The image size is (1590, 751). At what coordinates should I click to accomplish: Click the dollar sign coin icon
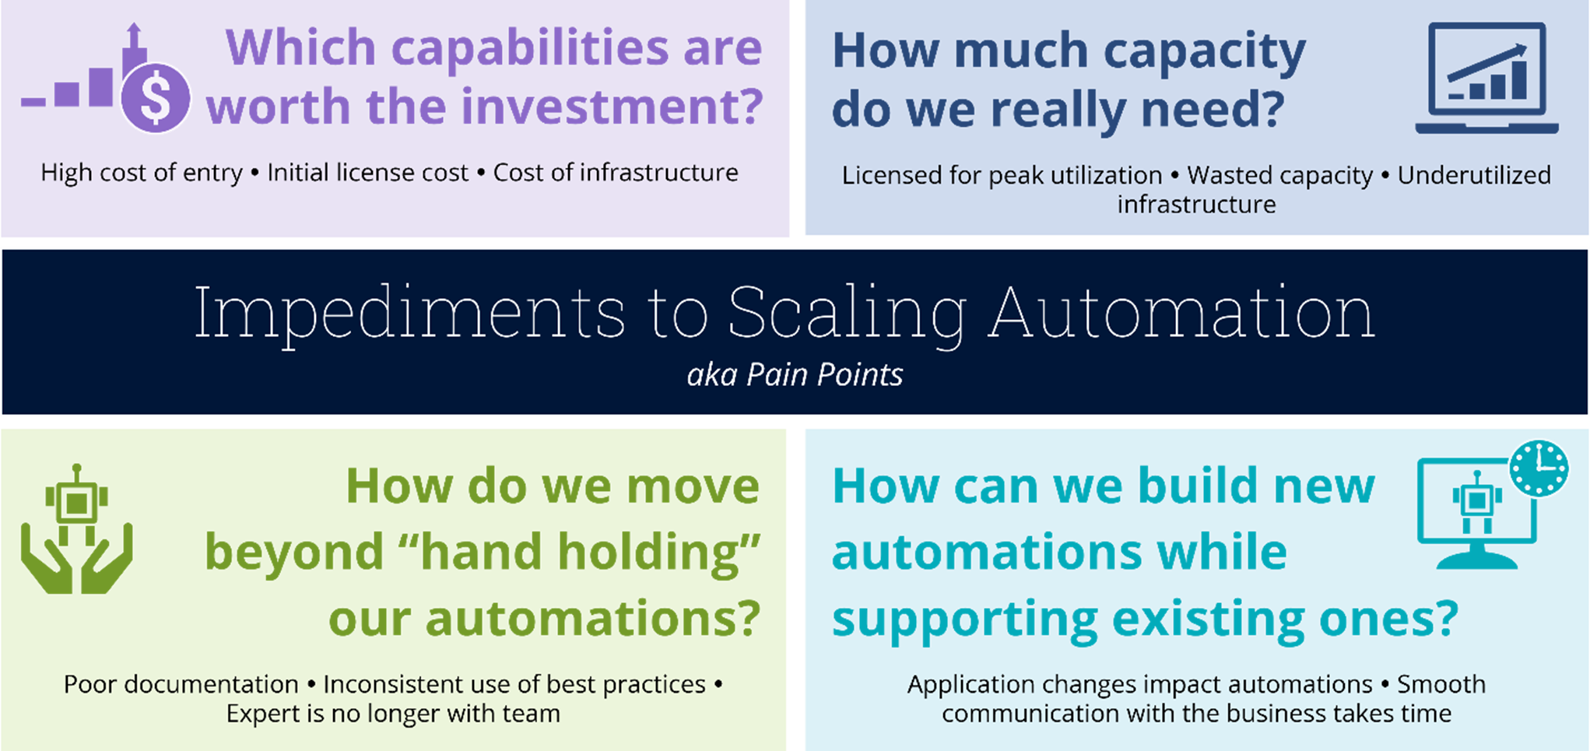point(156,99)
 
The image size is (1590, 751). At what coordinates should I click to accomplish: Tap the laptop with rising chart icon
point(1486,78)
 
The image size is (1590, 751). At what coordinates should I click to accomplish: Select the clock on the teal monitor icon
point(1539,468)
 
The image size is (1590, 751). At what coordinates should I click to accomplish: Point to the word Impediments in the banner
point(409,313)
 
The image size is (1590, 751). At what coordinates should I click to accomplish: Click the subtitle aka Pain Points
point(795,375)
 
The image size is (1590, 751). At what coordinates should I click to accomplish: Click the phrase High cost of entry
point(142,173)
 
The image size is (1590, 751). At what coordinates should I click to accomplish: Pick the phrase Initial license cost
point(367,173)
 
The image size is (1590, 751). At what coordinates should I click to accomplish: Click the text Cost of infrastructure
point(616,173)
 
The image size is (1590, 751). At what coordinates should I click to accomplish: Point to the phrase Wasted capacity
point(1279,176)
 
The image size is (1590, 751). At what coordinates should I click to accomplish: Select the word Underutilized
point(1474,176)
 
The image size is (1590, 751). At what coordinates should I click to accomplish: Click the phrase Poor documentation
point(181,685)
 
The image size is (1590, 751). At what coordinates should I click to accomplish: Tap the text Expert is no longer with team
point(393,714)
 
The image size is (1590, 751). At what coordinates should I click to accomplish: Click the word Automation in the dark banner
point(1181,313)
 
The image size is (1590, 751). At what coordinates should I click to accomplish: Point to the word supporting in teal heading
point(964,619)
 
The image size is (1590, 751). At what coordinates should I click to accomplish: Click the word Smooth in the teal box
point(1441,685)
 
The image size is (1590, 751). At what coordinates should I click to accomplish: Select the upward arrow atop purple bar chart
point(134,35)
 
